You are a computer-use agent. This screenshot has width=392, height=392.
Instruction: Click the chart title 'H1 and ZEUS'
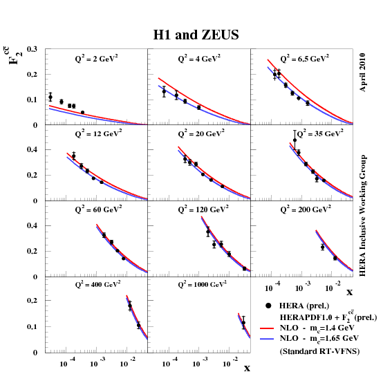tap(196, 35)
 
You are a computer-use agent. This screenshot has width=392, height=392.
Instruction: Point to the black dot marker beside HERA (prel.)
tap(268, 305)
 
